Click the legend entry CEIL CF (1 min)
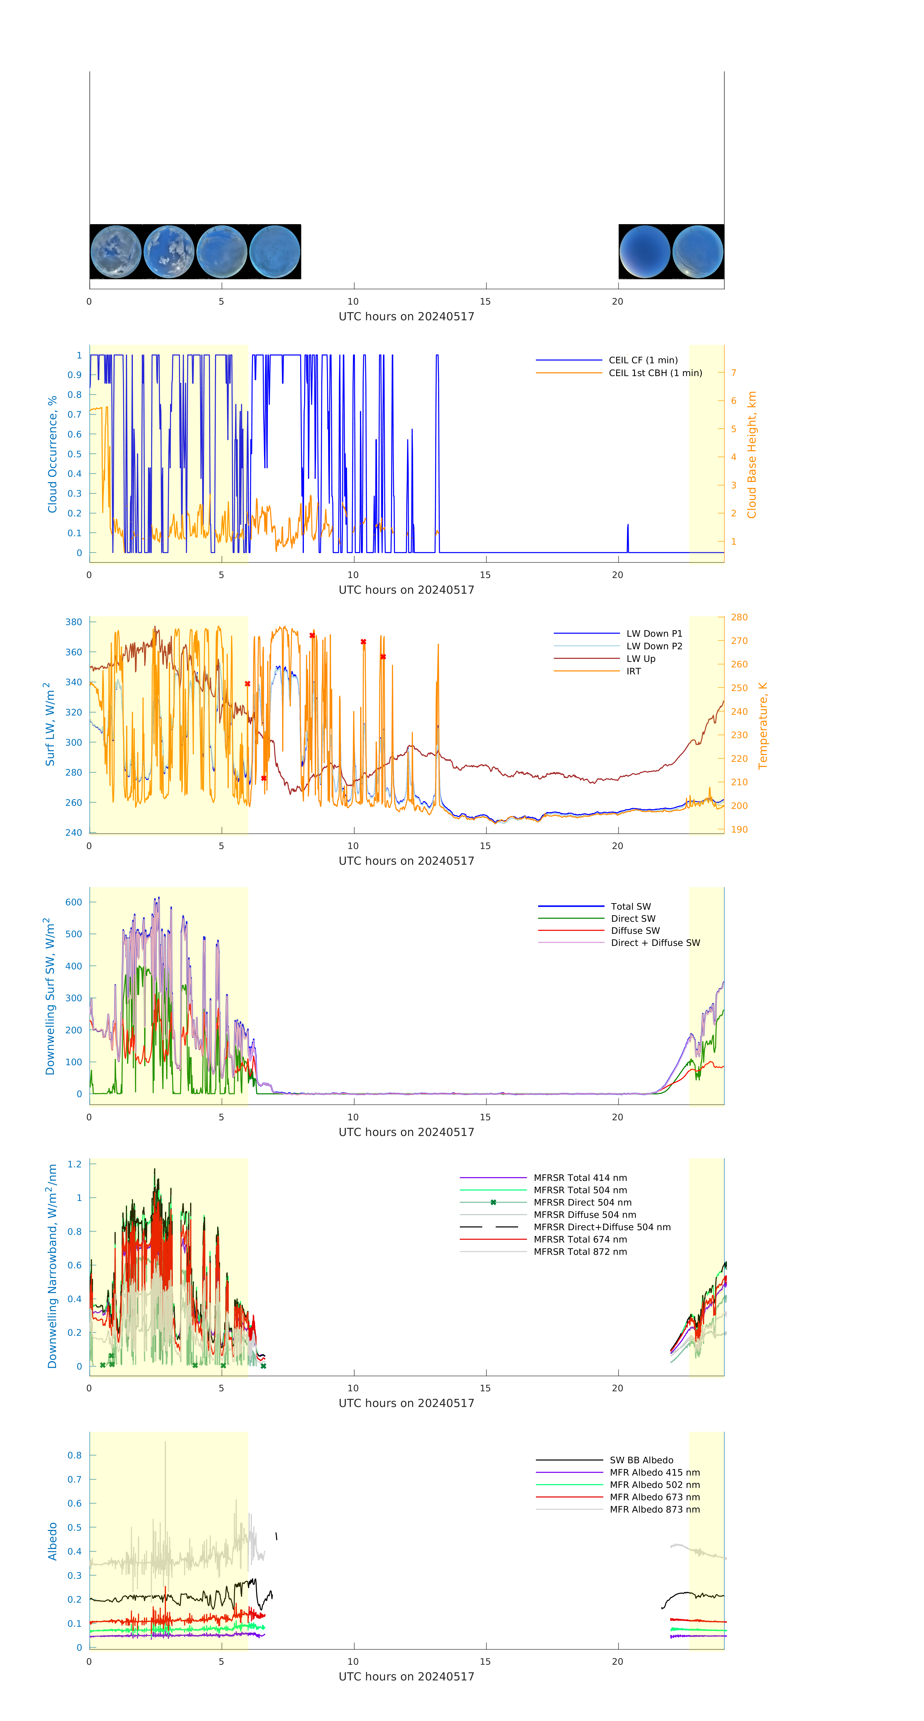point(643,360)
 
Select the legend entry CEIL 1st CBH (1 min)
point(655,373)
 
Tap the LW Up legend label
point(640,659)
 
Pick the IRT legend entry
point(633,671)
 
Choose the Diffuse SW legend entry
point(635,931)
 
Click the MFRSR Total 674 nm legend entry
point(580,1239)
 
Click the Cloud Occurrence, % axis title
point(52,454)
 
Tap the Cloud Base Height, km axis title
point(752,454)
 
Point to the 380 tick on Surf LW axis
point(73,622)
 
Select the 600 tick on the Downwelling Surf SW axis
point(73,902)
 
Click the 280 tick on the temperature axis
point(739,617)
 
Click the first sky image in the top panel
point(115,252)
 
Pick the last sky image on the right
point(697,252)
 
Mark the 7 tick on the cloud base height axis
point(734,373)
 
